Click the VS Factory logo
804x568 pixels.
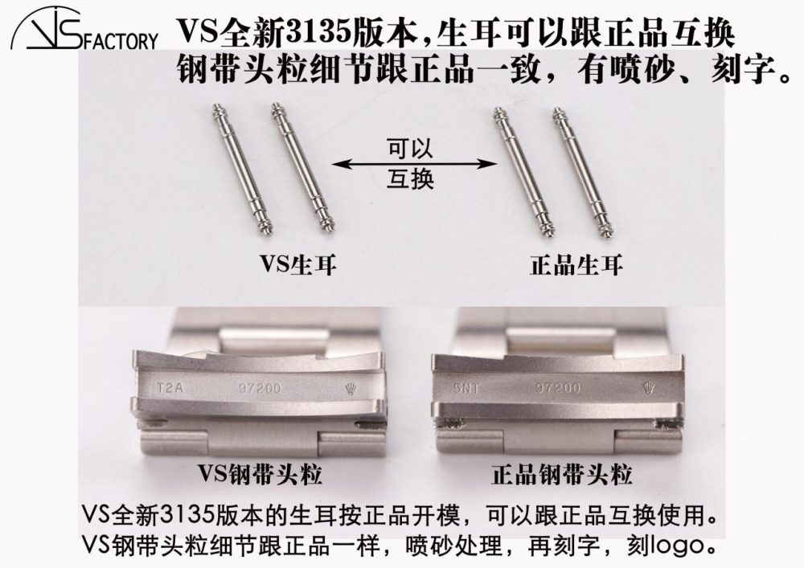point(84,30)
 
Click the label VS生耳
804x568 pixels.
point(298,265)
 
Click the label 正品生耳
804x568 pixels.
point(576,265)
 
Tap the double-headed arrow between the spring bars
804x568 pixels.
point(414,164)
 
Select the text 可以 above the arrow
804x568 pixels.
point(410,149)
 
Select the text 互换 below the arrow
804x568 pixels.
point(410,178)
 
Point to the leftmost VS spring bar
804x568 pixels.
point(241,170)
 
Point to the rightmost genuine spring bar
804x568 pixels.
point(583,173)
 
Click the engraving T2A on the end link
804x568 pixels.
point(170,388)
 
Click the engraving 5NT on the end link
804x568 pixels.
point(466,388)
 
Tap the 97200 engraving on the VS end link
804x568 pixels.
point(260,388)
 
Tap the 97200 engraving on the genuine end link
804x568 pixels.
point(558,388)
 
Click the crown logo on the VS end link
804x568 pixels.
point(351,389)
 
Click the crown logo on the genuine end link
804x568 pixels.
point(649,388)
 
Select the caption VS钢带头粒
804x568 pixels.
point(260,474)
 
